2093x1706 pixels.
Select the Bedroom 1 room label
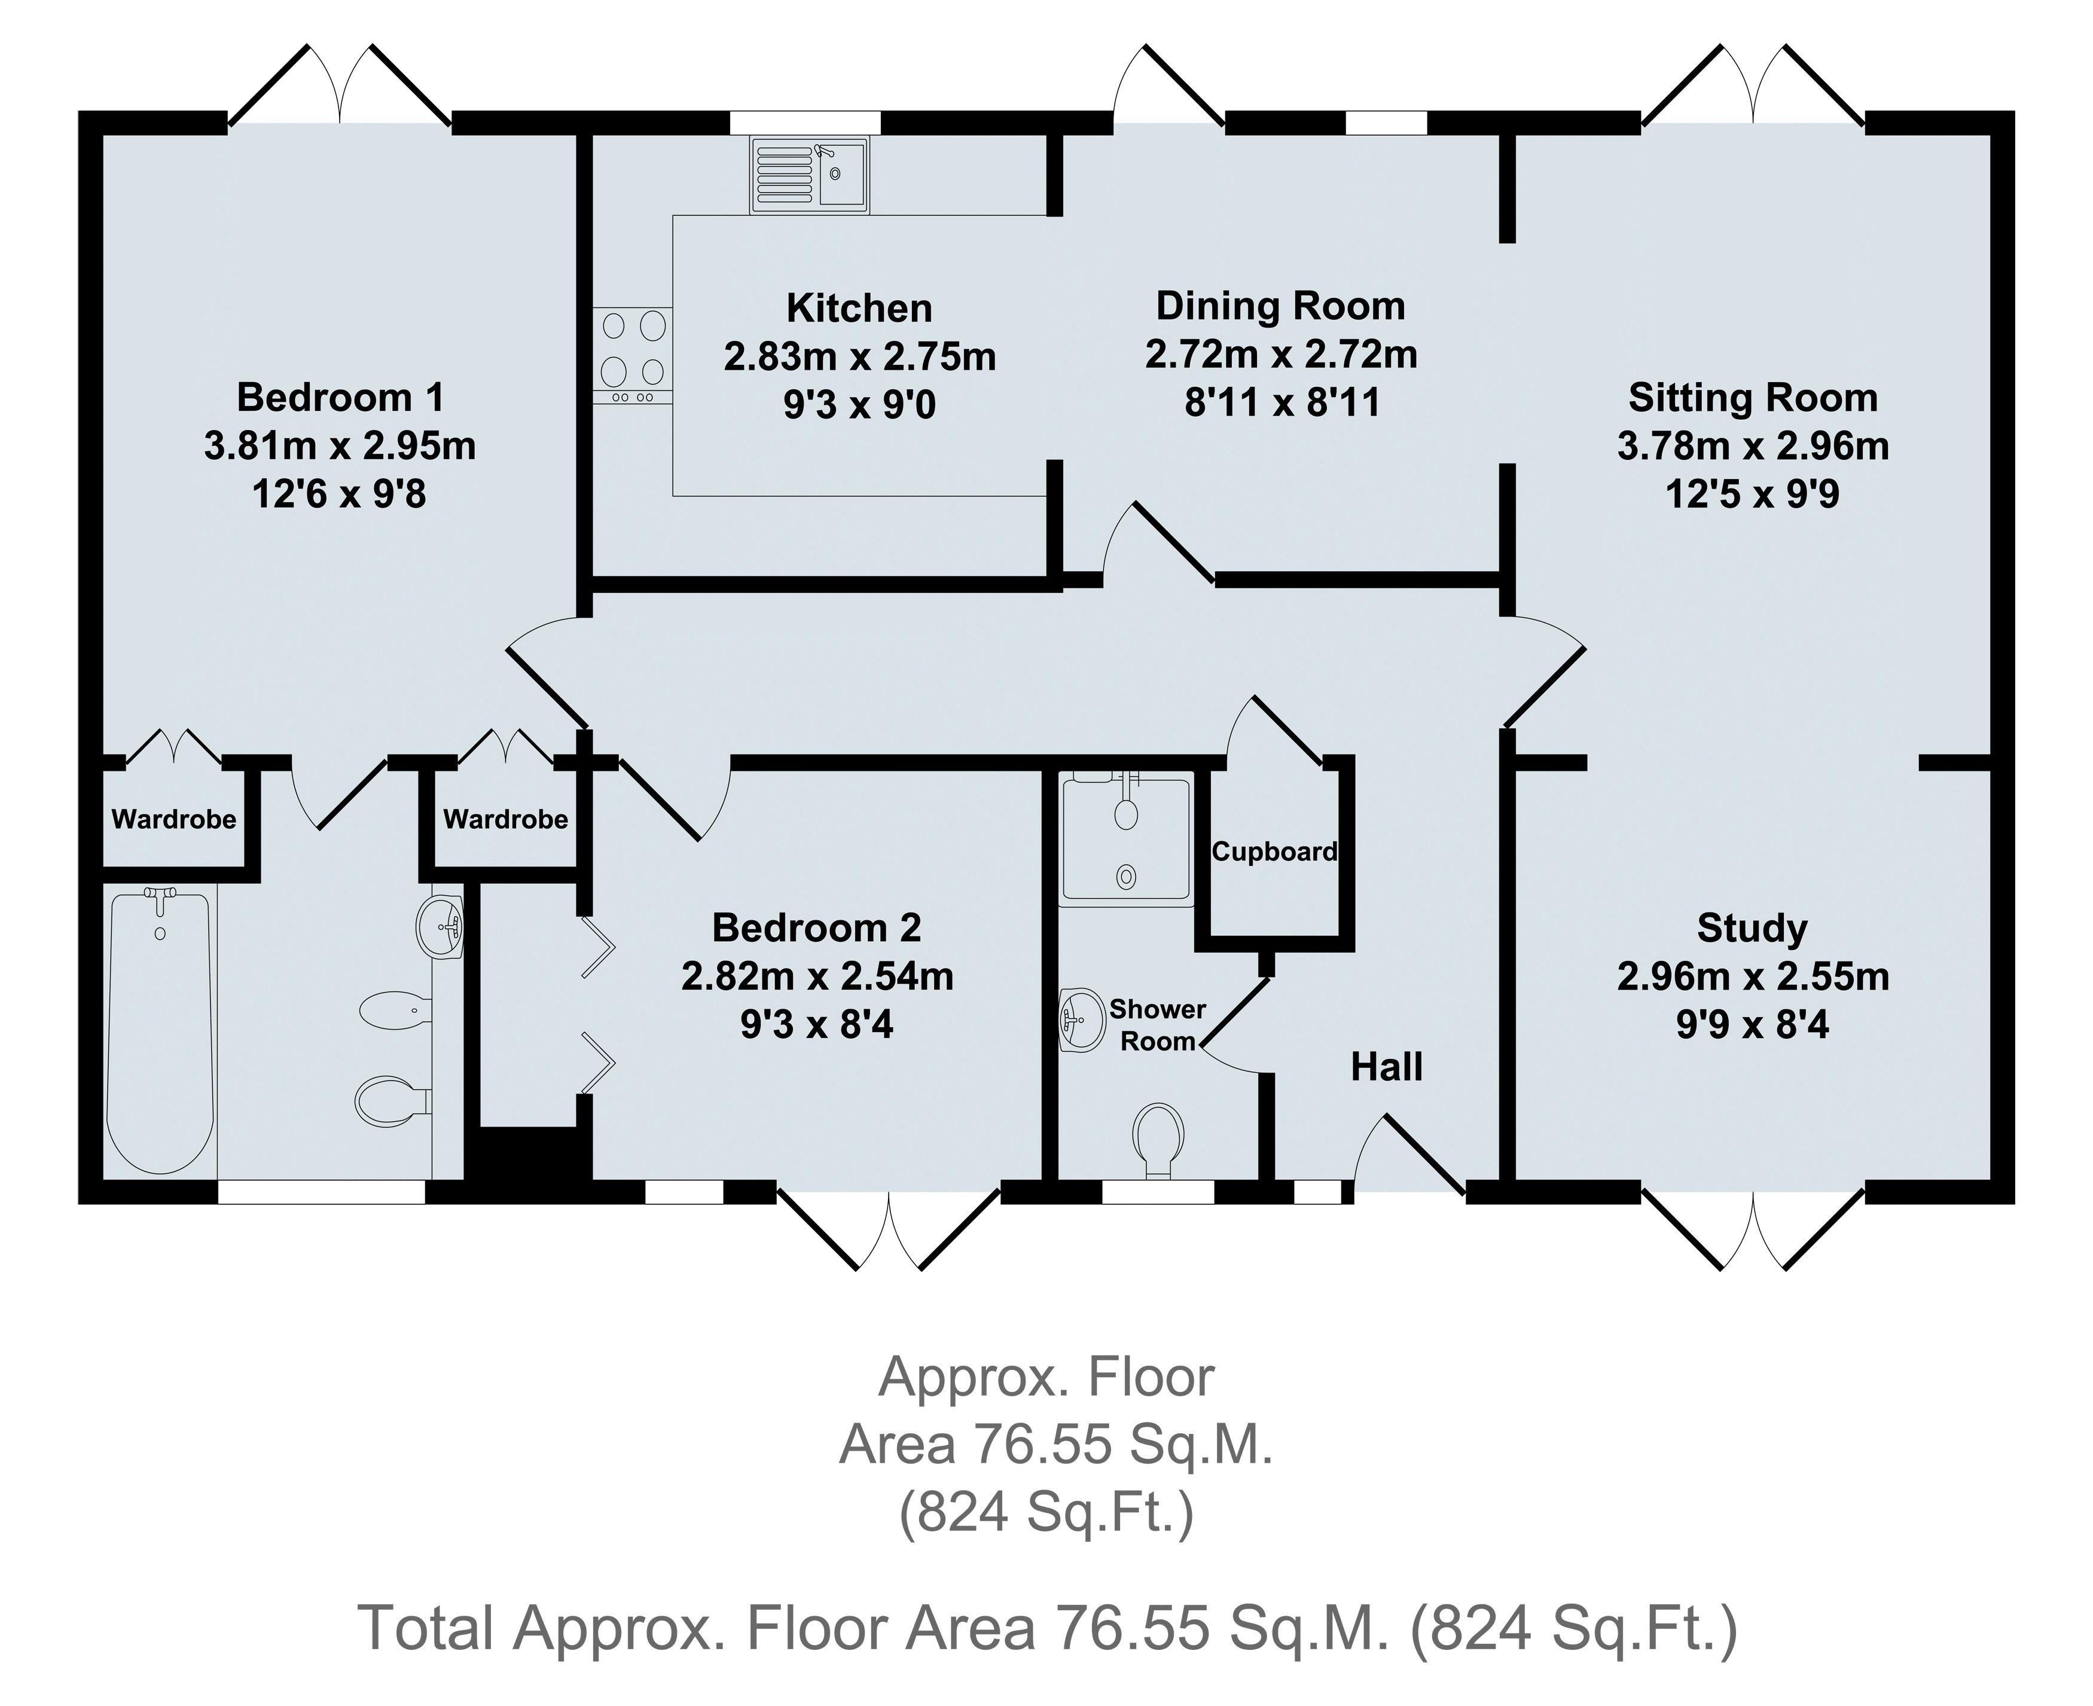[340, 398]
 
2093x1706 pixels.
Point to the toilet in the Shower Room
[1158, 1139]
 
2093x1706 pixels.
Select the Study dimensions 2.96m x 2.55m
[1752, 977]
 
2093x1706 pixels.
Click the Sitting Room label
[1752, 398]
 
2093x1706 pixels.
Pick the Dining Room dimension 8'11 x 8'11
[1282, 403]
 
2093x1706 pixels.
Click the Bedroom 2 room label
[816, 927]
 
